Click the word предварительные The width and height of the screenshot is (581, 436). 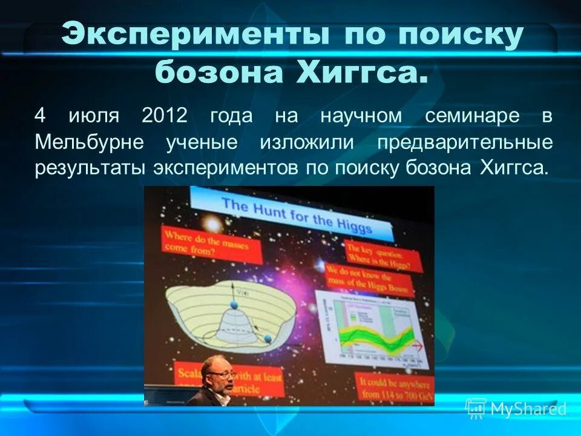(465, 142)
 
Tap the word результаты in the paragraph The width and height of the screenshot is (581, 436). (90, 168)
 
